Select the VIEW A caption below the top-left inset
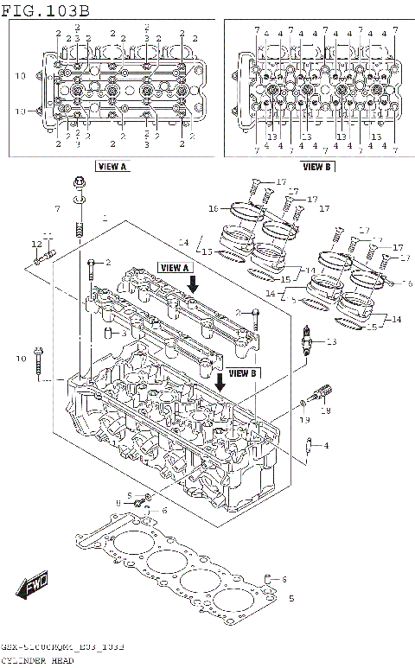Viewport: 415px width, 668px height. pos(112,166)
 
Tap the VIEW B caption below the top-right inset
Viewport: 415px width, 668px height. pos(316,166)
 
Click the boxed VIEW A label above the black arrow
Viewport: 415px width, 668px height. pos(175,268)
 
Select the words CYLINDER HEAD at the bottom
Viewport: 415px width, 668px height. pos(39,661)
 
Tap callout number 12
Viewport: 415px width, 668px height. pos(35,245)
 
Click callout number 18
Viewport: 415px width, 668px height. pos(327,411)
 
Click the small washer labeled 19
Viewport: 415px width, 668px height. pos(303,403)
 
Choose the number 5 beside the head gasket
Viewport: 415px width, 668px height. pos(291,598)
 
